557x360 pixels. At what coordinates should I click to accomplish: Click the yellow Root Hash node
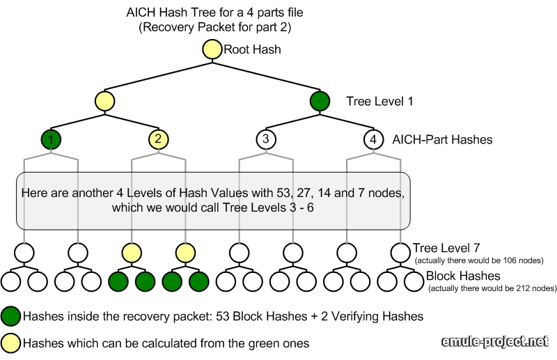[212, 49]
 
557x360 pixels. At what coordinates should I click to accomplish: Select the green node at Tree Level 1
[320, 101]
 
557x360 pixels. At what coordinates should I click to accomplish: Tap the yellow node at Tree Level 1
[104, 101]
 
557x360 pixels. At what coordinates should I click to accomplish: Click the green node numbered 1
[51, 139]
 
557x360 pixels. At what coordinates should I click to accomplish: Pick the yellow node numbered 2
[158, 139]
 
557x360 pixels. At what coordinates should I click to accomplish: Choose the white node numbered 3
[265, 139]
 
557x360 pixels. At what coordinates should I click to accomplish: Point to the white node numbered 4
[373, 139]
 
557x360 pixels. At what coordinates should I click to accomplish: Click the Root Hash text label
[252, 49]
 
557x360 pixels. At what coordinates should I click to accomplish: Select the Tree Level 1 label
[379, 102]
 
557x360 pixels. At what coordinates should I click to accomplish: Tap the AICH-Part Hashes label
[443, 140]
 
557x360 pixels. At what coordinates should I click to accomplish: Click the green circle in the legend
[10, 316]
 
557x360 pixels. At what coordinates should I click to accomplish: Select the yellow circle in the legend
[10, 343]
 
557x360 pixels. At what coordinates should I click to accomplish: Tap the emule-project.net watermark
[496, 341]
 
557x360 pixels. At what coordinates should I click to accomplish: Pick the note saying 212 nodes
[491, 288]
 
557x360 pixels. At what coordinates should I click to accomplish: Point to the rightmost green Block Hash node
[198, 281]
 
